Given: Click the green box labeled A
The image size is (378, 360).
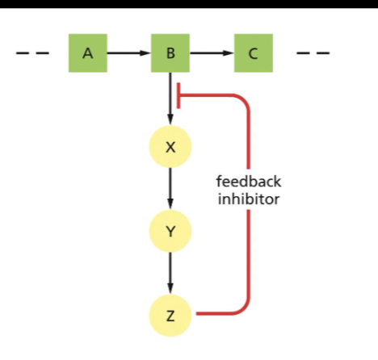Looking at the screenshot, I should point(87,54).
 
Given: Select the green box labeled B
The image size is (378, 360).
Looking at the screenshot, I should point(170,54).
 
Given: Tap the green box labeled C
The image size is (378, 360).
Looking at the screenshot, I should point(253,54).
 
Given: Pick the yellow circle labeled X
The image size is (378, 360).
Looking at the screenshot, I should point(170,147).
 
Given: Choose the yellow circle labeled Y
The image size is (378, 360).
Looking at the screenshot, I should point(170,232).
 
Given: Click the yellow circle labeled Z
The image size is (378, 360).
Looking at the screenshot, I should point(170,315).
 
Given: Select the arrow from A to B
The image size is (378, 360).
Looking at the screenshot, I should point(128,54).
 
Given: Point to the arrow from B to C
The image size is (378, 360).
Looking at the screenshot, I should point(212,54).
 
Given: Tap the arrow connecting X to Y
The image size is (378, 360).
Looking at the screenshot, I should point(170,189).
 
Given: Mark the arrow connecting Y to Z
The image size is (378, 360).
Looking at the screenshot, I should point(170,273).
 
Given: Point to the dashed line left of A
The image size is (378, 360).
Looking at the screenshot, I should point(32,54).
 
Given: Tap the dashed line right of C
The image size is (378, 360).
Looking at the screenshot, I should point(313,54).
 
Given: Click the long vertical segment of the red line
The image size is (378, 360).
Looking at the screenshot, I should point(248,242).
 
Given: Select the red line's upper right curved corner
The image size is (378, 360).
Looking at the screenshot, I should point(243,103).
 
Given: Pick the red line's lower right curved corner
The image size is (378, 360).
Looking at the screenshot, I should point(243,308).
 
